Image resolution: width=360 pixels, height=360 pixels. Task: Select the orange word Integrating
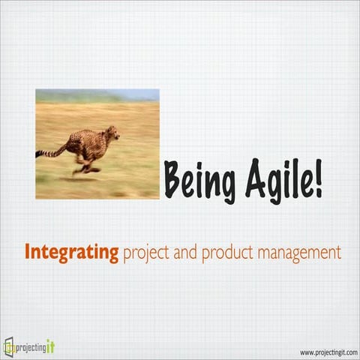tap(71, 253)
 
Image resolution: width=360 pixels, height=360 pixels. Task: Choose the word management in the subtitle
tap(298, 253)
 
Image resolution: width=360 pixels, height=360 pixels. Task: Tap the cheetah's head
tap(112, 133)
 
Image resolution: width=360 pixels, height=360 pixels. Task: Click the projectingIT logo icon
tap(9, 346)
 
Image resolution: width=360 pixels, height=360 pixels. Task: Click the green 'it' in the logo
tap(50, 346)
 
